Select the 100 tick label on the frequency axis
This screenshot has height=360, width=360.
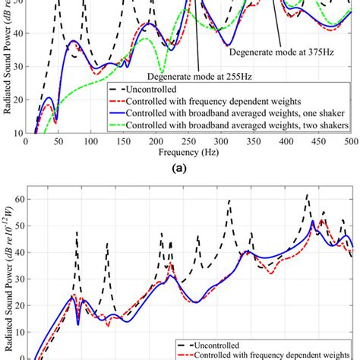91,141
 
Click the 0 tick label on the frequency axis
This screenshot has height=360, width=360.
27,141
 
